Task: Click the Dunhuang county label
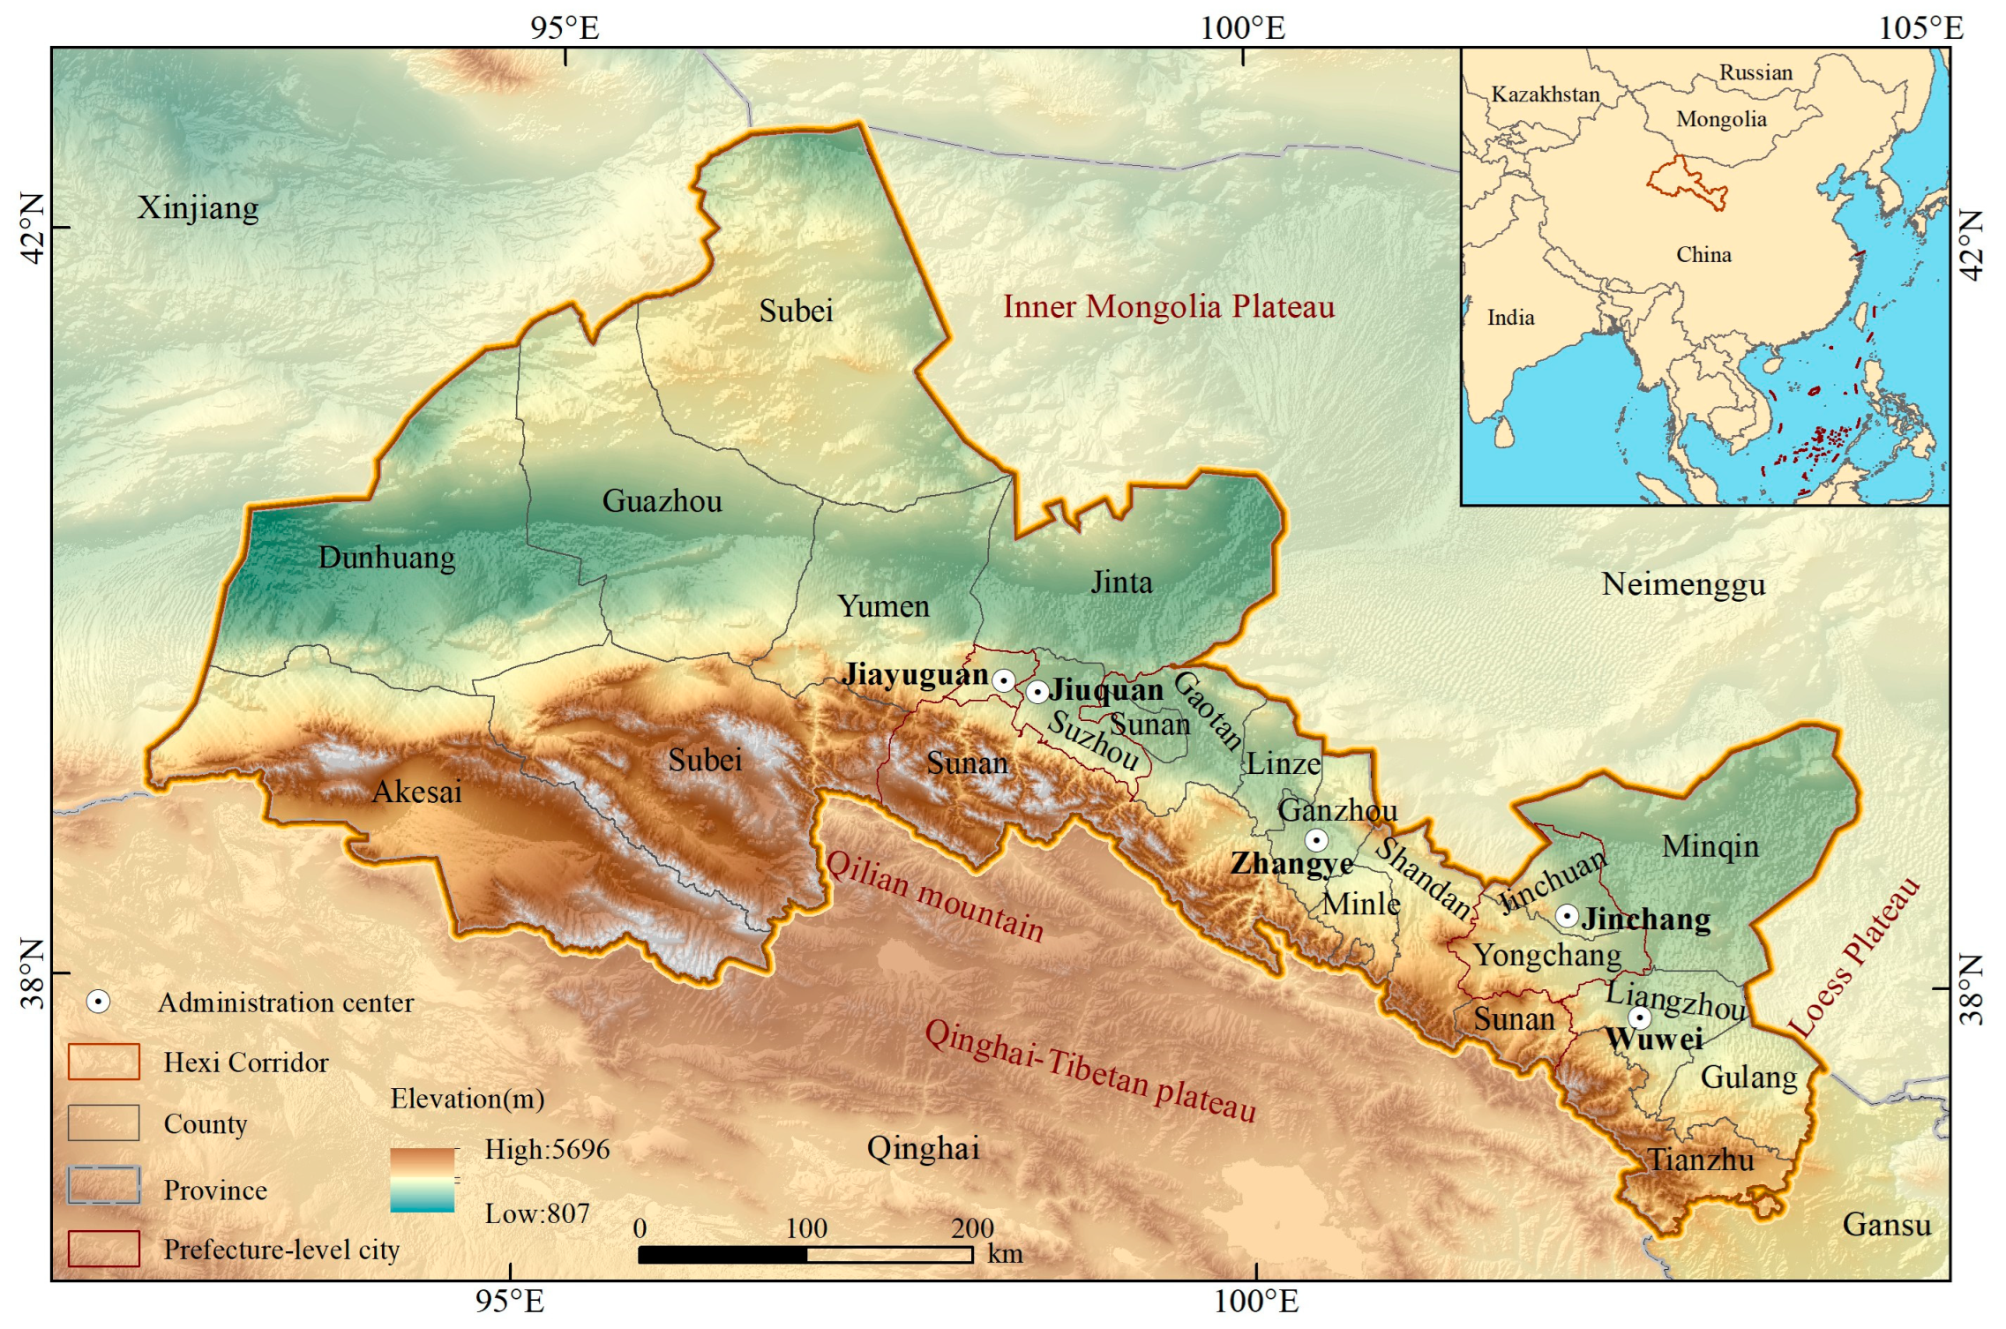click(x=386, y=558)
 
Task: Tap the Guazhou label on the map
click(x=662, y=501)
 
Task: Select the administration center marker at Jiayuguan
click(x=1003, y=680)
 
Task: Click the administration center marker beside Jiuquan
click(x=1037, y=692)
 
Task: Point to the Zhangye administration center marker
click(x=1316, y=839)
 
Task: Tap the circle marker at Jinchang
click(x=1567, y=915)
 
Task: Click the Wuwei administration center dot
click(x=1639, y=1017)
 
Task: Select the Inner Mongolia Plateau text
click(x=1168, y=307)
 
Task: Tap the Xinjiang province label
click(x=198, y=208)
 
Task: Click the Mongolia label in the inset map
click(x=1721, y=119)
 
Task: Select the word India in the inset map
click(x=1510, y=318)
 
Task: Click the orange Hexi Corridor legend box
click(x=103, y=1062)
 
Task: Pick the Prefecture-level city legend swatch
click(x=103, y=1249)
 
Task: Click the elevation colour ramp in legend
click(x=422, y=1180)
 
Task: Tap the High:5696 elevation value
click(x=547, y=1149)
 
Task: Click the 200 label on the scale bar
click(x=972, y=1228)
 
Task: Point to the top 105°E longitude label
click(x=1920, y=28)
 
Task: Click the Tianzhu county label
click(x=1701, y=1160)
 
